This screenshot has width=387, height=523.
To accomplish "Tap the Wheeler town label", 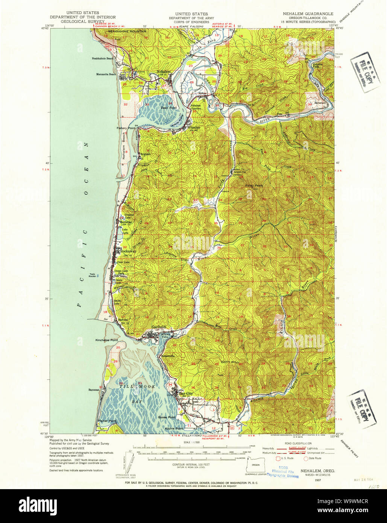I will (x=193, y=128).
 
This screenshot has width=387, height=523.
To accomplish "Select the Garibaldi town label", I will (x=159, y=327).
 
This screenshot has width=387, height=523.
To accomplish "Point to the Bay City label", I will (x=185, y=394).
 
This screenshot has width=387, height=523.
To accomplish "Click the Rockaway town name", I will (x=128, y=251).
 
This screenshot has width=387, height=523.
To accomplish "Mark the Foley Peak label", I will (x=254, y=185).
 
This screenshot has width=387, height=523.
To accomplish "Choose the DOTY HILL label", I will (x=230, y=362).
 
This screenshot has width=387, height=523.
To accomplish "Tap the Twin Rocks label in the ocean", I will (x=93, y=275).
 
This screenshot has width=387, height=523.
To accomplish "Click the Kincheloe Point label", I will (x=106, y=340).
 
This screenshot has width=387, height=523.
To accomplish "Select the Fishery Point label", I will (x=126, y=128).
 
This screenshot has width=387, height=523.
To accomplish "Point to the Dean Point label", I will (x=168, y=108).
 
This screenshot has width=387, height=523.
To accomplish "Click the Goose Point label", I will (x=167, y=417).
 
